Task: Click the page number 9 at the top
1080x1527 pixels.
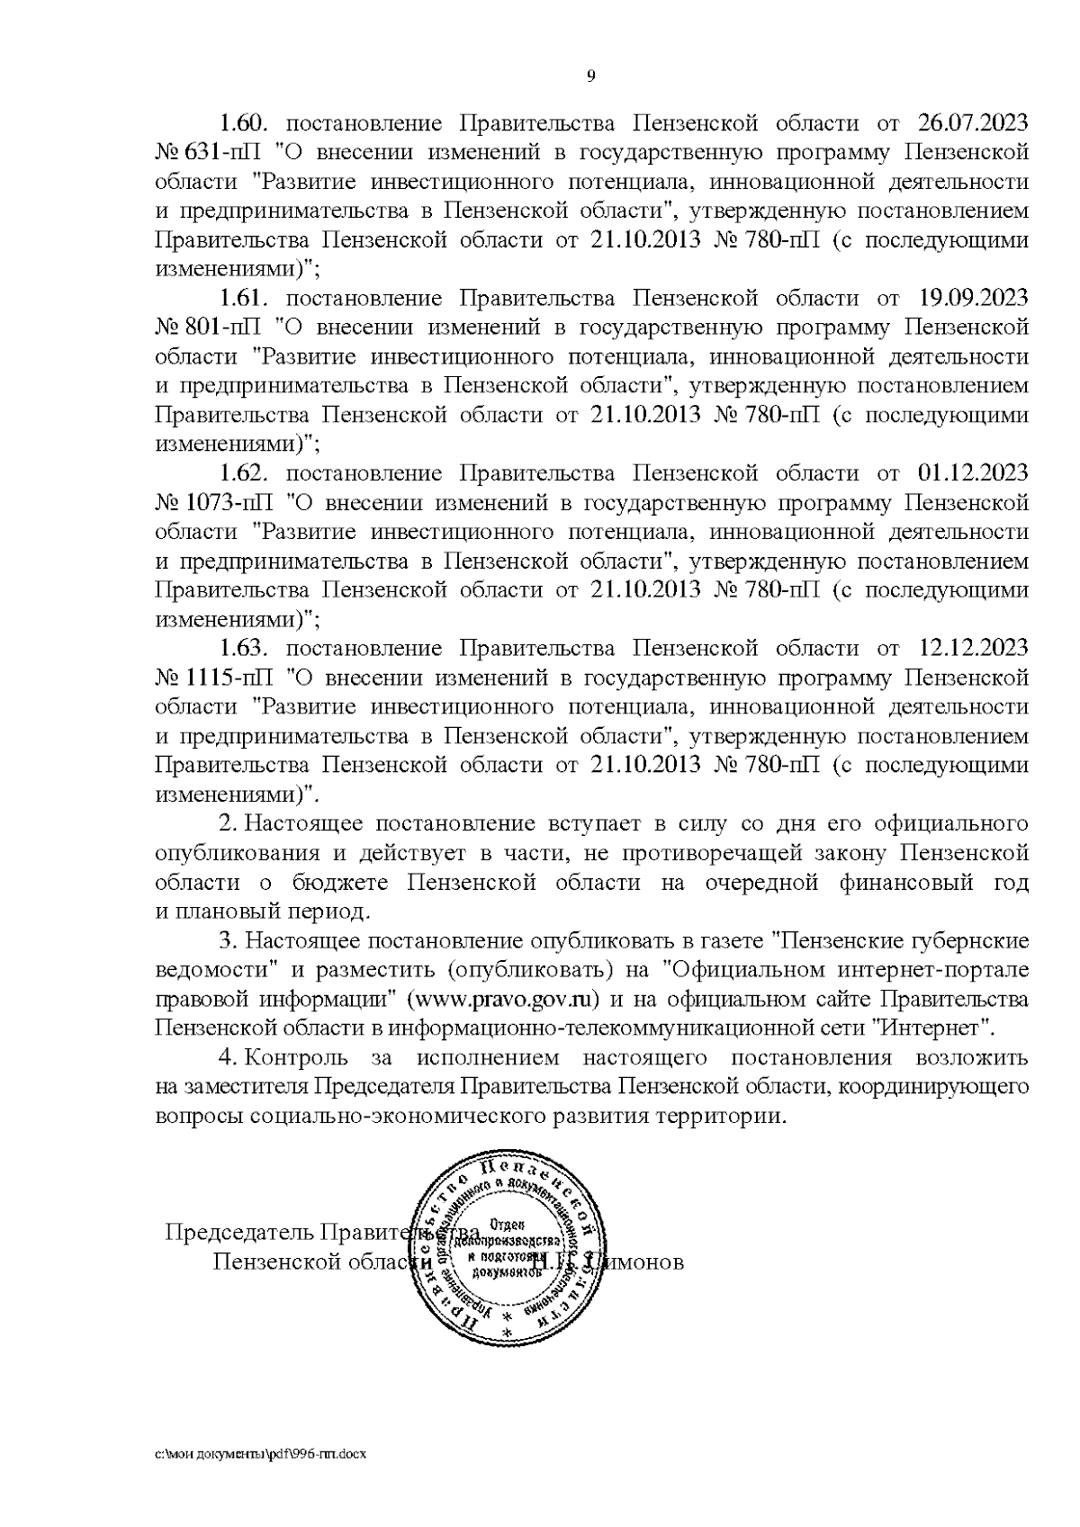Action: pos(590,76)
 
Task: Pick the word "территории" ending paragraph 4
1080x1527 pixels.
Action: pos(719,1117)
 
